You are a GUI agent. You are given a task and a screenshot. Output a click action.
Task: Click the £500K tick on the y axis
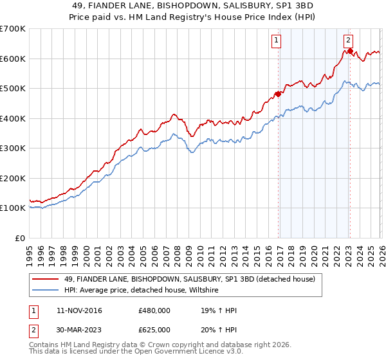(13, 89)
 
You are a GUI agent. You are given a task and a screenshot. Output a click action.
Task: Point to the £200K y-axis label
(13, 178)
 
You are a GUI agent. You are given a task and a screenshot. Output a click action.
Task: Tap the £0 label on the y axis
(19, 238)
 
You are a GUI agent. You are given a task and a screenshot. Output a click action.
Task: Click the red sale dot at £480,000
(279, 94)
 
